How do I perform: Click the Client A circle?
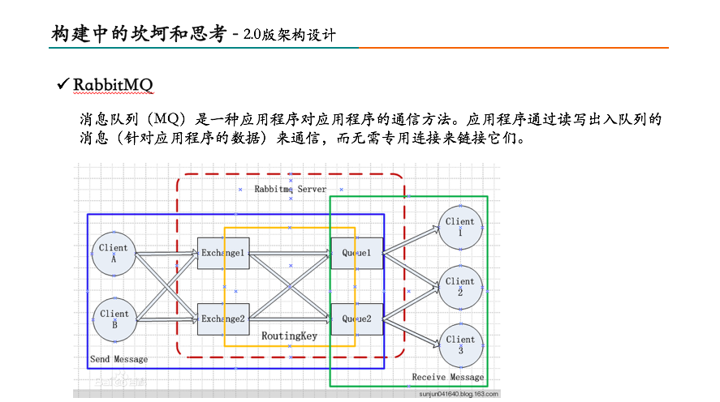point(114,254)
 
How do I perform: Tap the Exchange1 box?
point(222,254)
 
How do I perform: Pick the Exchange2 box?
point(222,319)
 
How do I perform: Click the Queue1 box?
point(356,254)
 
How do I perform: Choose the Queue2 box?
point(356,319)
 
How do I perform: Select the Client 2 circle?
point(459,287)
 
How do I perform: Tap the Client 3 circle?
point(459,345)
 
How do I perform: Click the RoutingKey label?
point(289,336)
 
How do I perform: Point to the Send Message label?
point(119,359)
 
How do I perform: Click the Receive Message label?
point(447,377)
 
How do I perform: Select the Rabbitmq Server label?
point(290,189)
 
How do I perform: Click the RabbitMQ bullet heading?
point(113,85)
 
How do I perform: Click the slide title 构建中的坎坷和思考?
point(139,34)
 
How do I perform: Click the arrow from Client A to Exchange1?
point(166,254)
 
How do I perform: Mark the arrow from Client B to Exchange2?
point(166,319)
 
